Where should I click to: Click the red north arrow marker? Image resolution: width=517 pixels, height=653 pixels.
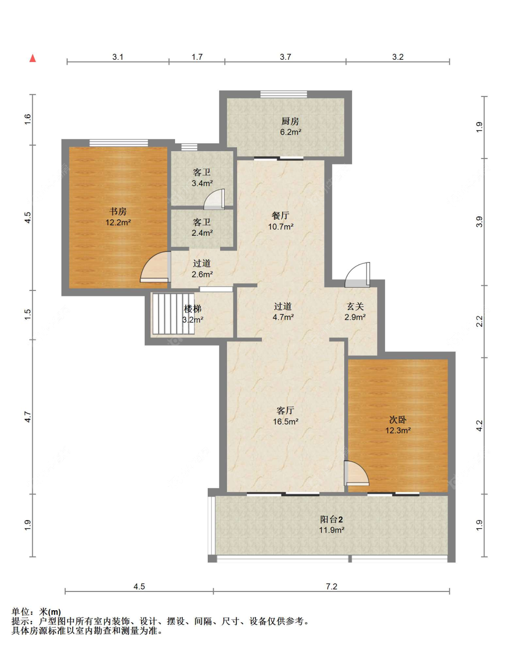(33, 58)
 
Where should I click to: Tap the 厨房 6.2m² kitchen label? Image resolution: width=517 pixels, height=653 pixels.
(290, 127)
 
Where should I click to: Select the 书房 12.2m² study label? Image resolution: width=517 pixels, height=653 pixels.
(118, 217)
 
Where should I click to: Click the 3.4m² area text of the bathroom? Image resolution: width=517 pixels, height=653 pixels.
(202, 183)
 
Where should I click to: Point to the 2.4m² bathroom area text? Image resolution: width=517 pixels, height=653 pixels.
(202, 233)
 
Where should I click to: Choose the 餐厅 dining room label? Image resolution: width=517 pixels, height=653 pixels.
(281, 216)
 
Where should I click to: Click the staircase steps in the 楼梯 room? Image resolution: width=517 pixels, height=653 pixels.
(173, 313)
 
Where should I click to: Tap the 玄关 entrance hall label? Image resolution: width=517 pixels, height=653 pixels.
(355, 307)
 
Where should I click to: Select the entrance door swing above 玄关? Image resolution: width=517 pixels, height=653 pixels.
(358, 275)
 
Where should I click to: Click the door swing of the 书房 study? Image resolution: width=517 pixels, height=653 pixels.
(155, 267)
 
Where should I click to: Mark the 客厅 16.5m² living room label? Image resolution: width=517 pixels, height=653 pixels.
(285, 416)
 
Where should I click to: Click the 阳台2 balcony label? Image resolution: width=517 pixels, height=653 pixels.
(332, 519)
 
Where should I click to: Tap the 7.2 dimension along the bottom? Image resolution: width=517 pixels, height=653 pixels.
(331, 586)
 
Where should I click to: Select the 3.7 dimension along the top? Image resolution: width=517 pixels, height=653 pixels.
(285, 57)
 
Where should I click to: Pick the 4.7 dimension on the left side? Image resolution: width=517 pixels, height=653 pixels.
(28, 417)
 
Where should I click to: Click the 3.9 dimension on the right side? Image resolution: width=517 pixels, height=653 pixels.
(479, 222)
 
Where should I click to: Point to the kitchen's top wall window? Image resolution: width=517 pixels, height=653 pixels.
(284, 94)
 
